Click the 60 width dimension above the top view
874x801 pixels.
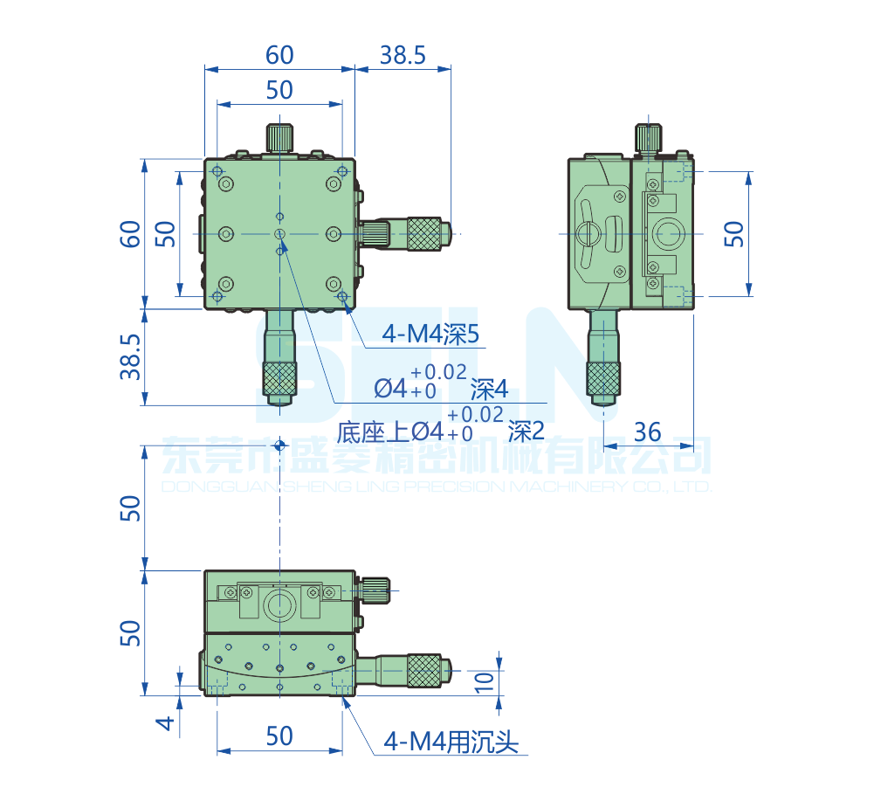(279, 55)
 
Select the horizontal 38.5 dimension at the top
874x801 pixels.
(403, 55)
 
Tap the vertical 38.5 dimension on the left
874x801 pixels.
(130, 356)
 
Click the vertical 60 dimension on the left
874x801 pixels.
(130, 233)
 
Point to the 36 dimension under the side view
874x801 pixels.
(647, 431)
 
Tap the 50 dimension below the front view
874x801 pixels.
(279, 736)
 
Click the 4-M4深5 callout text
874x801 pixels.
(431, 333)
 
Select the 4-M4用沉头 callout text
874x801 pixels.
(452, 743)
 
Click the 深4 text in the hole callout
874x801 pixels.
(489, 389)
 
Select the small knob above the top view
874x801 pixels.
(279, 137)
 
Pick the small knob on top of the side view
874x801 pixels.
(648, 137)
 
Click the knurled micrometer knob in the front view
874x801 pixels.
(423, 670)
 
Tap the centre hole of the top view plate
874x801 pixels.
(279, 233)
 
